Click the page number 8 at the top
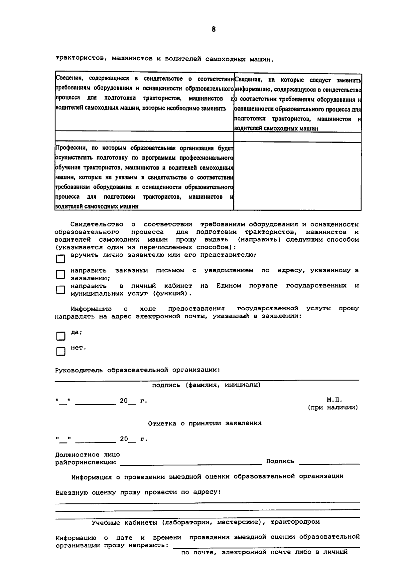[213, 29]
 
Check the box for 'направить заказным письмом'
[61, 274]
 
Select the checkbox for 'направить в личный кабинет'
[61, 290]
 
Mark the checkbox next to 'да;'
[61, 336]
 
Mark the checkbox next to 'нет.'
[61, 352]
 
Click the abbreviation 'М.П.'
[334, 400]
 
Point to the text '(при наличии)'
[333, 408]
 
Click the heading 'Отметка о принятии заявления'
[204, 423]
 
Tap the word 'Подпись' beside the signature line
[280, 461]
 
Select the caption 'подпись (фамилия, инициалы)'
[206, 385]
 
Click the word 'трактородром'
[295, 522]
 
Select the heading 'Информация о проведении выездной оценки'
[207, 476]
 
